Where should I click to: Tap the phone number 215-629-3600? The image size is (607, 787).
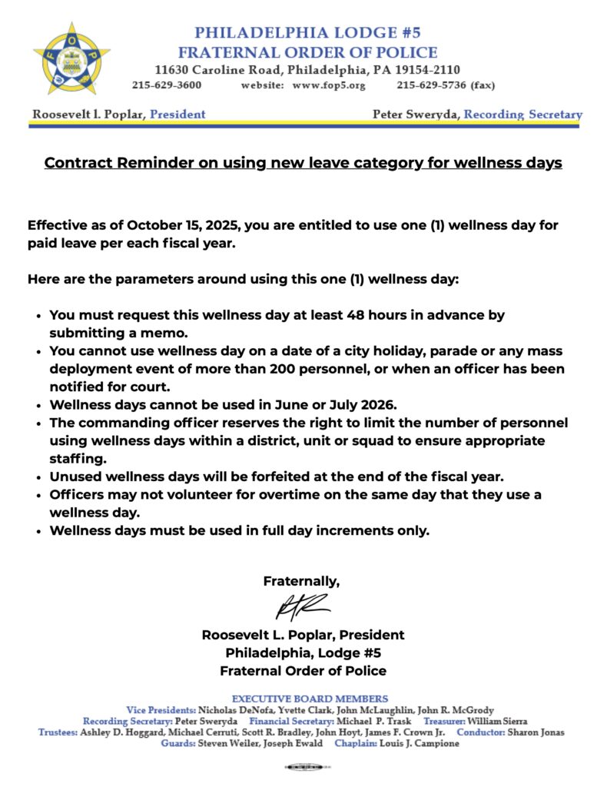tap(168, 85)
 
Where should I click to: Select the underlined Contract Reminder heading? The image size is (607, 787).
tap(303, 163)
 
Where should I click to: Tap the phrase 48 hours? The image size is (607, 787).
tap(370, 315)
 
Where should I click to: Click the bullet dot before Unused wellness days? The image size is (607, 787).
tap(38, 477)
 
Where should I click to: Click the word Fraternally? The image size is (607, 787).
tap(301, 581)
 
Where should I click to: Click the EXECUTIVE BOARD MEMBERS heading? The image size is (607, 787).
tap(310, 699)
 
